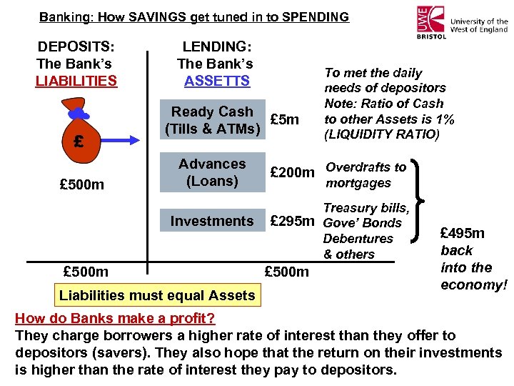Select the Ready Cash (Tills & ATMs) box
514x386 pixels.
point(211,120)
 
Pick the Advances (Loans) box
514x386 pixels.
point(211,172)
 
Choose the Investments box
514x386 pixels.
point(211,221)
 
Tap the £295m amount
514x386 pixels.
point(292,222)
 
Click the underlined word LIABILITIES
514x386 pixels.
point(76,81)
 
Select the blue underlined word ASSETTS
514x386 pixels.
point(217,81)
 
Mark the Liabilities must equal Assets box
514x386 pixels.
point(157,295)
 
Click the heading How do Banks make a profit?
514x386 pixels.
point(115,318)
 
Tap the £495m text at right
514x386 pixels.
point(462,233)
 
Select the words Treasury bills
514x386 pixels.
point(366,208)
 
